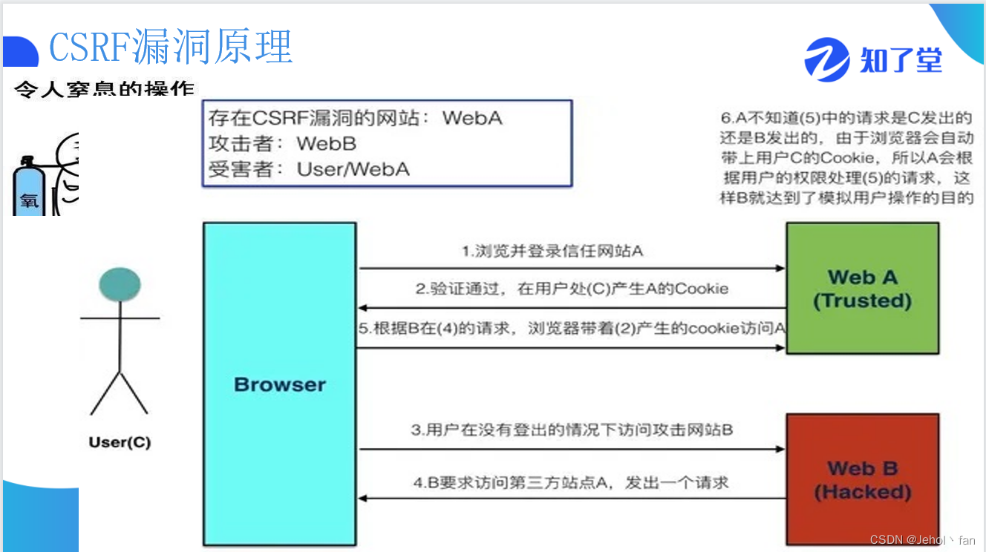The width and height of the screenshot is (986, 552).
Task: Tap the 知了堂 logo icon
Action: tap(826, 59)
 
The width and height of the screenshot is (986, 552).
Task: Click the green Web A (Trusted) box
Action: tap(862, 289)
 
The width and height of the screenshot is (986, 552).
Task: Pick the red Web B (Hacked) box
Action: tap(862, 480)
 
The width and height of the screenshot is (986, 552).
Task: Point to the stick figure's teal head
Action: tap(120, 284)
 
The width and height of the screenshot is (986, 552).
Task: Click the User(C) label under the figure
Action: tap(120, 443)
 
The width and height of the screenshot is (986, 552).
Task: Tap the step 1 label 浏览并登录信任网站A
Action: tap(552, 251)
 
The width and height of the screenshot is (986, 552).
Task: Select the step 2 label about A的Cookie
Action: tap(572, 289)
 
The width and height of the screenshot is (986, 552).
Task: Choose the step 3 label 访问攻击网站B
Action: tap(572, 430)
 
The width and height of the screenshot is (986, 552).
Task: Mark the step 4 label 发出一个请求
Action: tap(572, 483)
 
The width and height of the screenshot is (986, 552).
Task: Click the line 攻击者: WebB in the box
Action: tap(282, 143)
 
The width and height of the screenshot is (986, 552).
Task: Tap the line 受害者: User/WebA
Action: tap(309, 169)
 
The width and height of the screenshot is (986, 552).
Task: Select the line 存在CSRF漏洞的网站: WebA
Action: tap(355, 118)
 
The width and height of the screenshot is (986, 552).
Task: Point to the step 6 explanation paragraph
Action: tap(846, 157)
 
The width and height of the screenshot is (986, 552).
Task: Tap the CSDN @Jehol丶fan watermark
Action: tap(922, 540)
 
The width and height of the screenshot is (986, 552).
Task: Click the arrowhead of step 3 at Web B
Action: tap(780, 449)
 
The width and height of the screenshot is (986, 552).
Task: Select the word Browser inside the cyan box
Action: tap(280, 384)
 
